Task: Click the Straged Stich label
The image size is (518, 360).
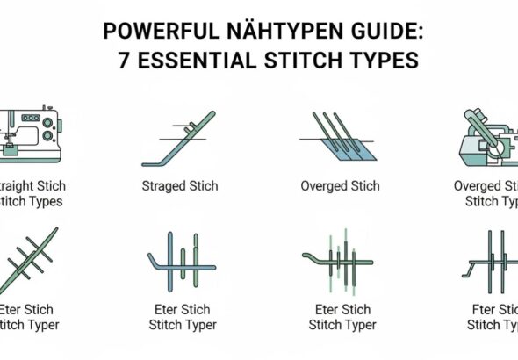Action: coord(180,186)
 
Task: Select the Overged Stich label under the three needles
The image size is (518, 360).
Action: coord(340,186)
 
